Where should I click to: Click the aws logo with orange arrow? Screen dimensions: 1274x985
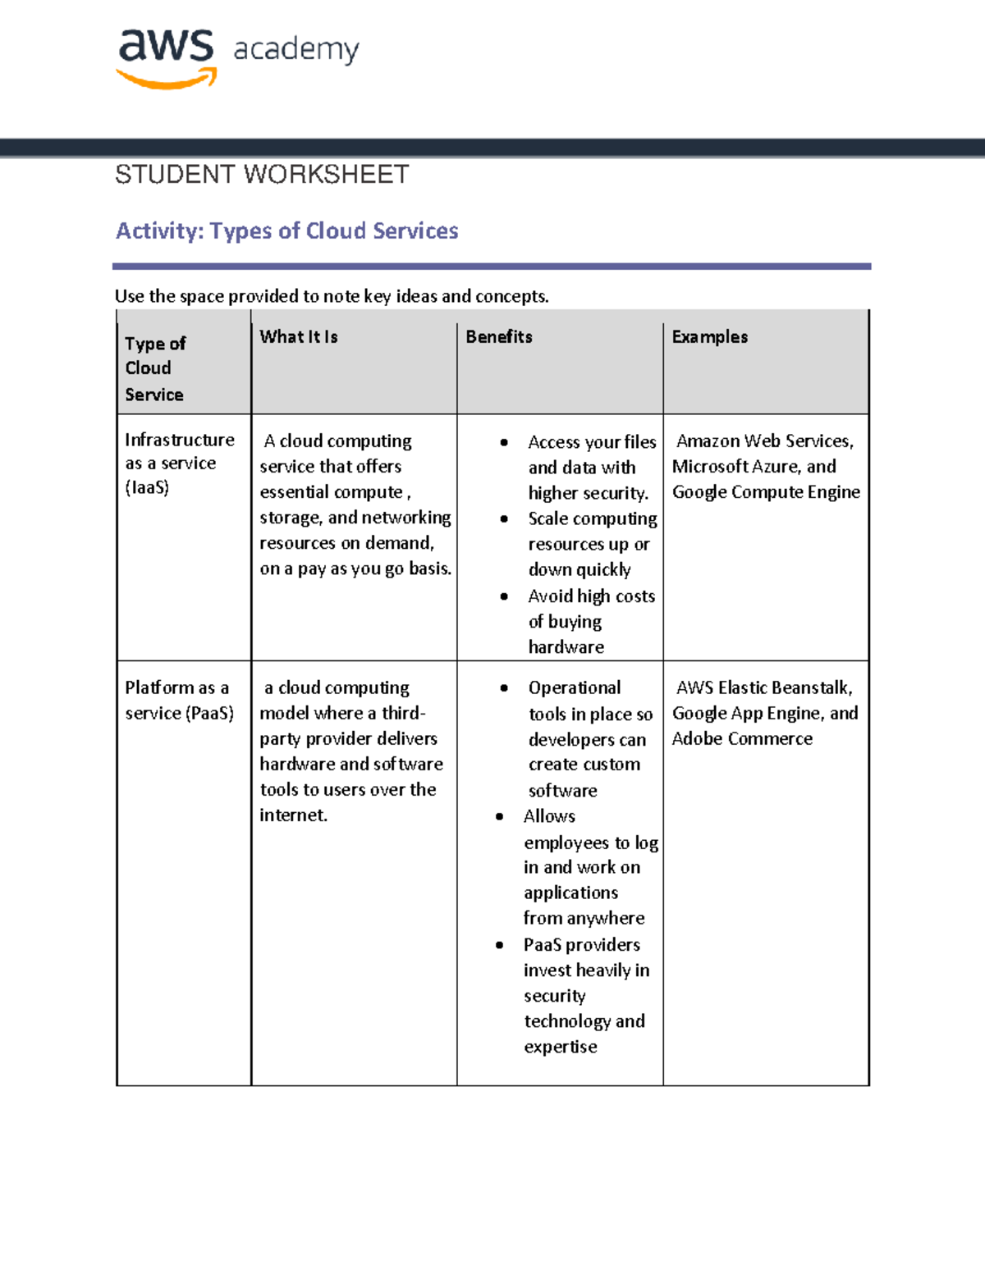[x=167, y=57]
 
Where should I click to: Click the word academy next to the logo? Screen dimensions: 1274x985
[x=296, y=50]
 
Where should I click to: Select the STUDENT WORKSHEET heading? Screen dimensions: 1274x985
[x=262, y=175]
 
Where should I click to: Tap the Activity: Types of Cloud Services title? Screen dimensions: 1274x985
[x=286, y=231]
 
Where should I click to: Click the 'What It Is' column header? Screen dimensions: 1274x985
[x=299, y=336]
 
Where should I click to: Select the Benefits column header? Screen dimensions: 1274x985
[x=499, y=336]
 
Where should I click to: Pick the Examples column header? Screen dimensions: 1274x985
[x=709, y=336]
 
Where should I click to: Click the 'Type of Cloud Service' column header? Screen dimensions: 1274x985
[x=155, y=368]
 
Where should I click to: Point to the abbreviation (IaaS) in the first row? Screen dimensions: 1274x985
[x=147, y=488]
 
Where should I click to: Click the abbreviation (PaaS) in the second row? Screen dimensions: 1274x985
[x=209, y=713]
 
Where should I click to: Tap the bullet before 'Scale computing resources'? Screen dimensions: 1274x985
[x=504, y=519]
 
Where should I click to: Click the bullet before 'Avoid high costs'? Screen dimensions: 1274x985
[x=504, y=596]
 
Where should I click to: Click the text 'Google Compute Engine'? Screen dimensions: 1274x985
[x=766, y=491]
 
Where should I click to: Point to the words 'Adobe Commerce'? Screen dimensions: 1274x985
[x=742, y=738]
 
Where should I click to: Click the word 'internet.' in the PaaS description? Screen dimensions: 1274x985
[x=293, y=815]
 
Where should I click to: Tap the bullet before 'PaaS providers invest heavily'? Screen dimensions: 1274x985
[x=500, y=945]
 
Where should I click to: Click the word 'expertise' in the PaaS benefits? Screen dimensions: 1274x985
[x=561, y=1047]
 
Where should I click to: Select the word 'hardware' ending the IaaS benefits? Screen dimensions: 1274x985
[x=566, y=647]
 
